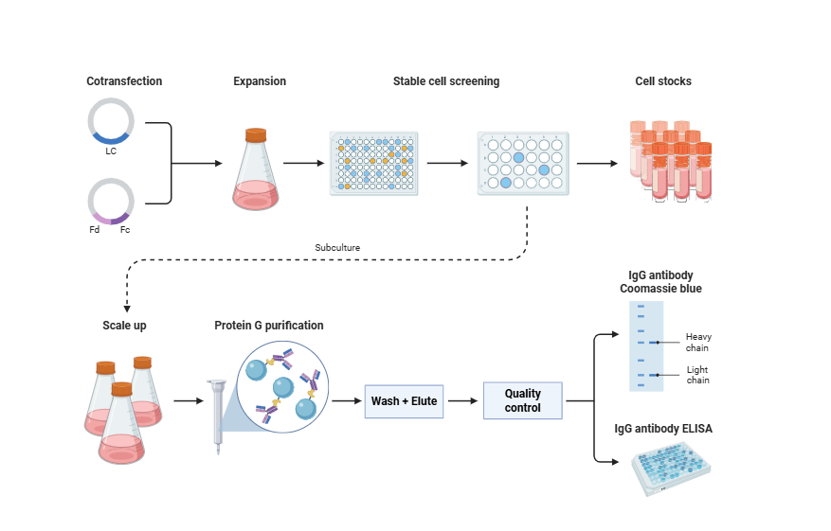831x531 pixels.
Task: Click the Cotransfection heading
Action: tap(124, 81)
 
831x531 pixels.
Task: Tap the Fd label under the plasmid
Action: tap(94, 230)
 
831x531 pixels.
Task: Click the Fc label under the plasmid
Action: tap(125, 230)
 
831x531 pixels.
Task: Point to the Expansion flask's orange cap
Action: tap(256, 135)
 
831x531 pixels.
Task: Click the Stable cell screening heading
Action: tap(446, 81)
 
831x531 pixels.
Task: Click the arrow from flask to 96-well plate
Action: tap(303, 163)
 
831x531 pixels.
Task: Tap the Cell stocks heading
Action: tap(663, 81)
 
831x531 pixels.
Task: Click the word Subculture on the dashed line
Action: tap(337, 248)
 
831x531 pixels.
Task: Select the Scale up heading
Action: tap(124, 326)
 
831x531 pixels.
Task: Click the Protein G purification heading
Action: tap(269, 326)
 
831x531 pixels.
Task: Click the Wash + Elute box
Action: tap(405, 401)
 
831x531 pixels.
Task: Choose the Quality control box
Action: tap(522, 400)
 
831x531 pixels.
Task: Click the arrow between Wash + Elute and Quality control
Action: tap(463, 401)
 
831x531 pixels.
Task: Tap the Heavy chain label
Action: tap(698, 342)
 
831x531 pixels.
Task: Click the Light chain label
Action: tap(698, 375)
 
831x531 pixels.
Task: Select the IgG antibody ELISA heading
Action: tap(664, 429)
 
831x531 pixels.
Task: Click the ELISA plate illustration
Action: tap(671, 469)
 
